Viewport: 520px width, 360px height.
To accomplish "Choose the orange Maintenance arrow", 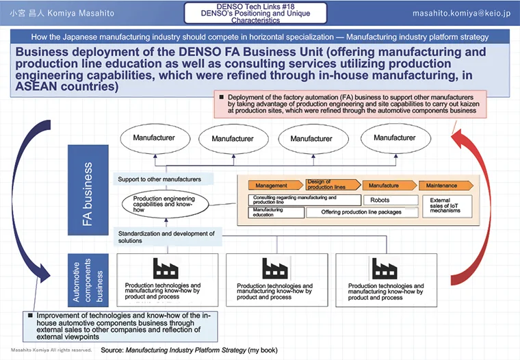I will pos(445,185).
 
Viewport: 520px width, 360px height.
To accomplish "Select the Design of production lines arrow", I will pos(330,185).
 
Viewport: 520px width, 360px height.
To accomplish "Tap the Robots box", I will pos(391,200).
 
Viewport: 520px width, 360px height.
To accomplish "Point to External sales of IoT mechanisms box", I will pos(446,205).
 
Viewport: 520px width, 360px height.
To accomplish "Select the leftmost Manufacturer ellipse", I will pos(154,139).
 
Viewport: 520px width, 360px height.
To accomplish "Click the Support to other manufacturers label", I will pos(159,179).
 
